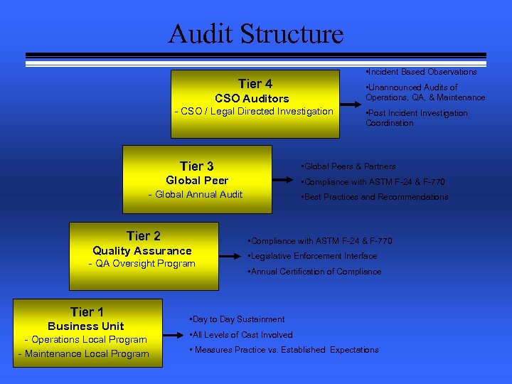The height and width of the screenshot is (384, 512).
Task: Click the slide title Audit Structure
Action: pos(255,33)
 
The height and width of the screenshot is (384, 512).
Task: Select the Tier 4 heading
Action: pos(255,84)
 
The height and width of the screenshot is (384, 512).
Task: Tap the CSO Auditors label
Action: pos(252,98)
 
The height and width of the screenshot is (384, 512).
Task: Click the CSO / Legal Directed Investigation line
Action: pos(254,112)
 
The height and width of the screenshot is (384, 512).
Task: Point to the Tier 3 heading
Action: pos(196,166)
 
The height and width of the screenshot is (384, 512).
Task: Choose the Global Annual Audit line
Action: pos(196,195)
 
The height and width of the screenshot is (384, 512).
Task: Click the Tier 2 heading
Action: pos(143,235)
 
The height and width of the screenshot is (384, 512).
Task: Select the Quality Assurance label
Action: pos(142,250)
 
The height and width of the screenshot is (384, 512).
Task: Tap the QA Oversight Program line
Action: pos(142,264)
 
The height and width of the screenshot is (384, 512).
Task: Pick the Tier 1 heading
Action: pos(87,311)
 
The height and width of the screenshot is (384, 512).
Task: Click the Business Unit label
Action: pos(86,326)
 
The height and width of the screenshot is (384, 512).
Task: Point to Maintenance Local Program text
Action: pos(83,354)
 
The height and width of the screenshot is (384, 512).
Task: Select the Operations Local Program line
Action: pos(85,340)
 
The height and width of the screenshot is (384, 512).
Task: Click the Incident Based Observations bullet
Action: pos(420,72)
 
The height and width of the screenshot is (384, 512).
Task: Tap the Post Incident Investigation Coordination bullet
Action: pos(417,118)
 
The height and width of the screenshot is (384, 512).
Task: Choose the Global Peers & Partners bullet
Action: pos(349,166)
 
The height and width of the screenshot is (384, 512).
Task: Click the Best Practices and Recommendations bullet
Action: pos(375,197)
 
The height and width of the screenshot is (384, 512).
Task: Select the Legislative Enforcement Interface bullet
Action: pos(312,256)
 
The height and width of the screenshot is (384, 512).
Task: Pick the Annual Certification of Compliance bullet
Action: pos(314,272)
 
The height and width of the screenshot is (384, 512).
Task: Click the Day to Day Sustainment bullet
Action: pos(237,319)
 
